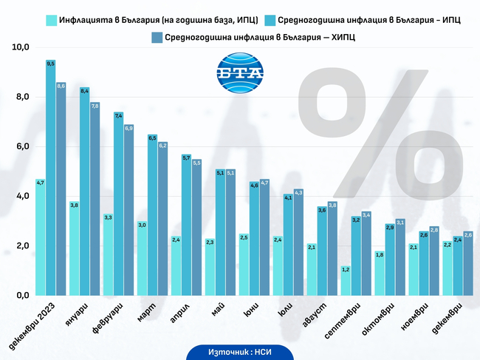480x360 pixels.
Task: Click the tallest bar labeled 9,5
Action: point(50,177)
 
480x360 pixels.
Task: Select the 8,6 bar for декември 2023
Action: point(61,189)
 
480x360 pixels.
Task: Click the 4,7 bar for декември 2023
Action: point(40,237)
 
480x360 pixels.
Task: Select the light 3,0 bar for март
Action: point(142,258)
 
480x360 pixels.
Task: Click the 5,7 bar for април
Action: point(186,225)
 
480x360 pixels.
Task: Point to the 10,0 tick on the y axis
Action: point(21,47)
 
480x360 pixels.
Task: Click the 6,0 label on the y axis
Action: point(21,146)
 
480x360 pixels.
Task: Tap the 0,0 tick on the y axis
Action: point(21,296)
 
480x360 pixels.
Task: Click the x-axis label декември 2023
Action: point(37,323)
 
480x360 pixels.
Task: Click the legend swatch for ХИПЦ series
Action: point(156,37)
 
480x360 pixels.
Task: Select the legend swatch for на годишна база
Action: point(52,20)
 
